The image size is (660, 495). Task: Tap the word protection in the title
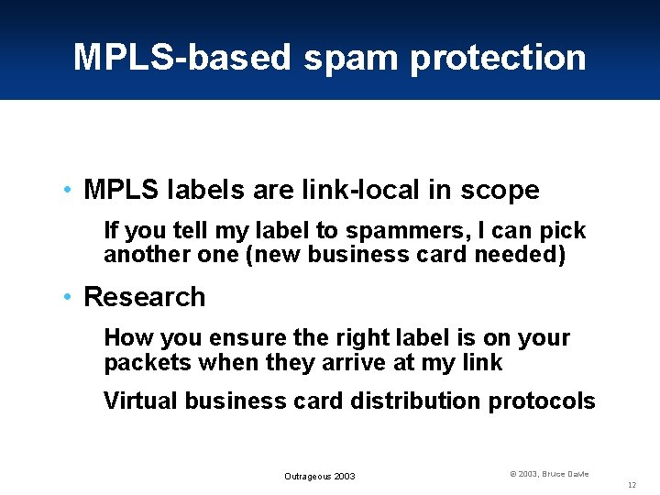[x=498, y=58]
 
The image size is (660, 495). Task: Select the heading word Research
[x=145, y=297]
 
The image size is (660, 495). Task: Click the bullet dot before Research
[x=69, y=297]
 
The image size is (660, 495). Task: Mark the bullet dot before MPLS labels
[x=69, y=191]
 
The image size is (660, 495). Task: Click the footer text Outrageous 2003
[x=319, y=477]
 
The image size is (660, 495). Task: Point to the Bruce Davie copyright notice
[x=549, y=474]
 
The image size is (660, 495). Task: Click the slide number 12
[x=632, y=484]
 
